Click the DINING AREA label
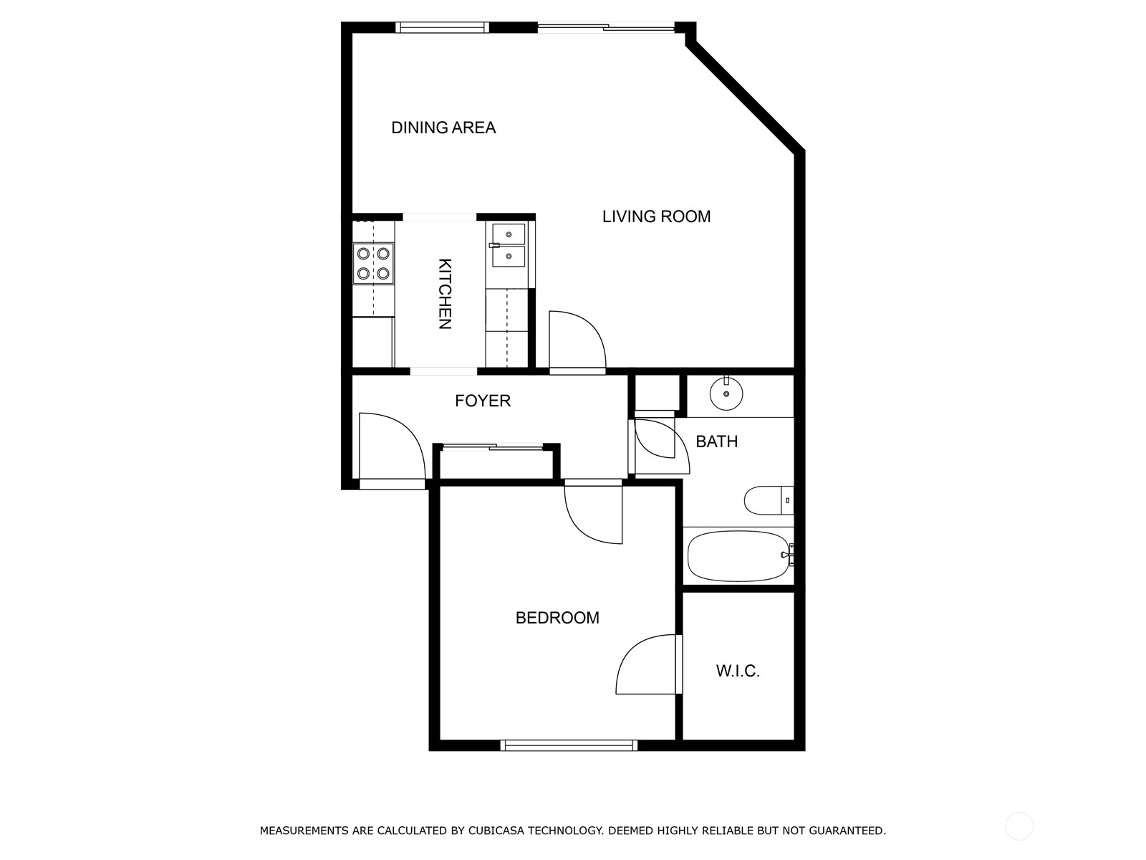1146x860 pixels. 443,128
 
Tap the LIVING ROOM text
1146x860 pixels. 656,216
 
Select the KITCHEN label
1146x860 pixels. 445,293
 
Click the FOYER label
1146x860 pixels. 483,401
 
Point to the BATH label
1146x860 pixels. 716,441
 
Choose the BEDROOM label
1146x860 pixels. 557,618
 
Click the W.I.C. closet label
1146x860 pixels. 738,672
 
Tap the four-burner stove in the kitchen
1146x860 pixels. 373,263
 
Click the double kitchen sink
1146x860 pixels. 508,245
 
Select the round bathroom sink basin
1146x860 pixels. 726,393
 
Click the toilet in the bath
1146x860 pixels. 769,500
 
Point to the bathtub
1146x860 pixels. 738,555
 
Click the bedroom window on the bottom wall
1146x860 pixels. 569,745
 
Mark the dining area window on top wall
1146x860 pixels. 442,28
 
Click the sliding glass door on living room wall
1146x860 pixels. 605,28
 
